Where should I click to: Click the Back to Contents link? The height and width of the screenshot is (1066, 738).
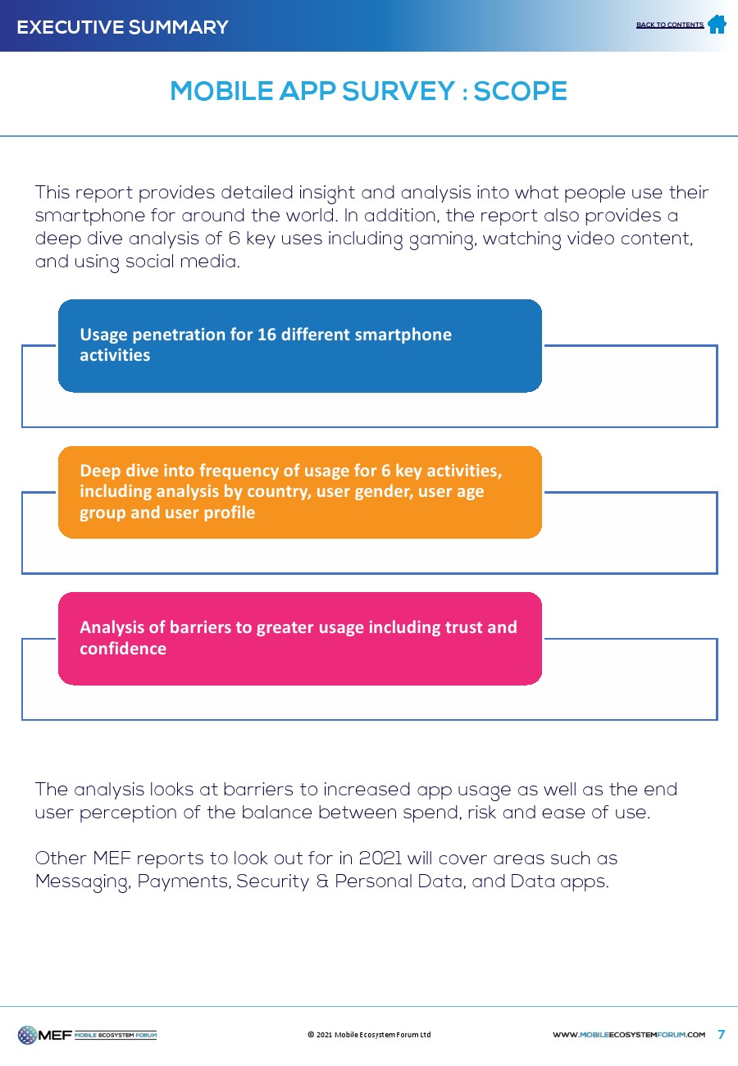(x=669, y=25)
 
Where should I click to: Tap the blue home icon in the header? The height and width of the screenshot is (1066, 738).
(x=717, y=25)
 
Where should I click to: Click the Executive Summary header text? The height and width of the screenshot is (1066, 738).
(x=123, y=27)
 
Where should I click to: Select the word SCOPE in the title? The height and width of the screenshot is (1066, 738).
(x=520, y=90)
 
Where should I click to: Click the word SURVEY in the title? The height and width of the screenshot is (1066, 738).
(x=399, y=90)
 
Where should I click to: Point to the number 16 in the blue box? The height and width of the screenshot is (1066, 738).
(x=266, y=335)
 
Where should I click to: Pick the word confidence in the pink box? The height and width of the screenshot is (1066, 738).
(x=123, y=649)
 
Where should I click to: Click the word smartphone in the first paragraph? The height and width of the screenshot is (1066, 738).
(x=90, y=216)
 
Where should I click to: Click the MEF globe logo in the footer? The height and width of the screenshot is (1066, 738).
(x=27, y=1035)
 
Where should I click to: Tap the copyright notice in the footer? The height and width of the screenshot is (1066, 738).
(x=369, y=1035)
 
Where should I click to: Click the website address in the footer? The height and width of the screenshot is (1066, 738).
(x=629, y=1035)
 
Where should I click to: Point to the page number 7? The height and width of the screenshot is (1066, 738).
(x=722, y=1034)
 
